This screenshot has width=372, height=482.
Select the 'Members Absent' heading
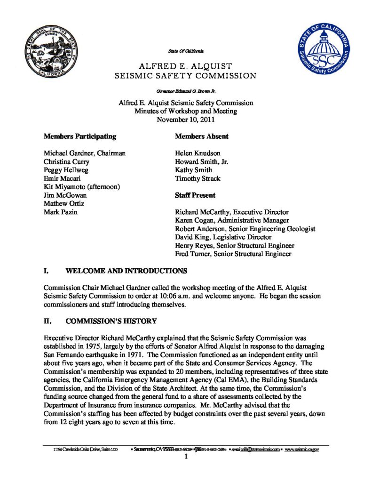[202, 137]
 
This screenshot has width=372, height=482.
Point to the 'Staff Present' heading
[195, 195]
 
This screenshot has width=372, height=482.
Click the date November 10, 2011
[186, 120]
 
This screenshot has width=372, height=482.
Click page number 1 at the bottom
[186, 457]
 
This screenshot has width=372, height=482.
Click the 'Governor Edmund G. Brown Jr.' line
[186, 89]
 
